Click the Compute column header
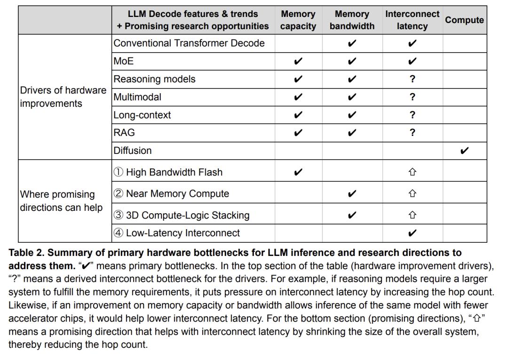464,20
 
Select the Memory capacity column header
298,20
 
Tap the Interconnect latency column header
412,20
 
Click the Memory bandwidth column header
352,20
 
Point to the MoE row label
124,61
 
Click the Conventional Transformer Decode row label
189,43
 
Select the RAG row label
124,133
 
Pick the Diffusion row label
133,151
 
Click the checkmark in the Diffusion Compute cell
464,151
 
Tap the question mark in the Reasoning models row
413,79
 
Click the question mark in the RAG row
413,133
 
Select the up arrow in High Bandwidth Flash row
413,172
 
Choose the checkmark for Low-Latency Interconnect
413,233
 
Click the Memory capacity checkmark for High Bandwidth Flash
298,172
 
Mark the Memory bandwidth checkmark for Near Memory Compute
352,193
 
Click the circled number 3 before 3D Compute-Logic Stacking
119,216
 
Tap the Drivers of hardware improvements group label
63,97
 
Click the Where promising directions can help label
61,201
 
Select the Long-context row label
142,115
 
